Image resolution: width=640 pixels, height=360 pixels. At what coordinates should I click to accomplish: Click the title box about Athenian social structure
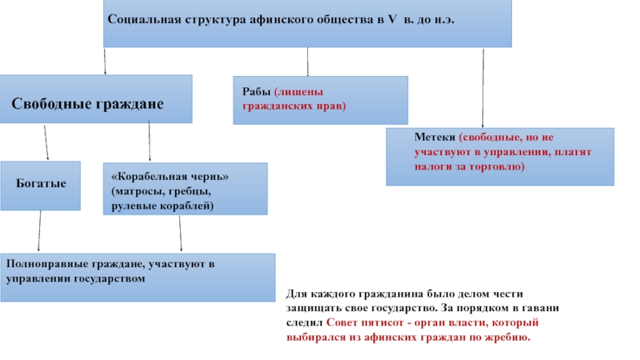tap(306, 23)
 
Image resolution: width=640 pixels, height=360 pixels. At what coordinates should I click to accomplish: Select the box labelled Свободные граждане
tap(96, 98)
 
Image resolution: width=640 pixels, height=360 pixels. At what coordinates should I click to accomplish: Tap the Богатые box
tap(41, 185)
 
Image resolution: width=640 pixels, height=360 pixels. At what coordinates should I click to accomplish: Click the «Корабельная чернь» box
tap(185, 190)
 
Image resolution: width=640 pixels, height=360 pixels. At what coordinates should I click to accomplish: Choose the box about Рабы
tap(320, 99)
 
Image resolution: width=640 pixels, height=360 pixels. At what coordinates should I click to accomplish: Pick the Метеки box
tap(500, 157)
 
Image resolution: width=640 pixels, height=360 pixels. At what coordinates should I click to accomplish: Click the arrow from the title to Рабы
tap(308, 62)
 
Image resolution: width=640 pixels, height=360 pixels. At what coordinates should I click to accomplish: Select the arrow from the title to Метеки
tap(483, 87)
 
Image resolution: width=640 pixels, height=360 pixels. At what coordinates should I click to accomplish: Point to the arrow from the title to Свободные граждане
tap(103, 61)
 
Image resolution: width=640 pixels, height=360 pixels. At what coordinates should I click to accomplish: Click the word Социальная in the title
tap(138, 20)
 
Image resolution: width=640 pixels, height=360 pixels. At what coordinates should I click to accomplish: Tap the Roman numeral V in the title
tap(392, 20)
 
